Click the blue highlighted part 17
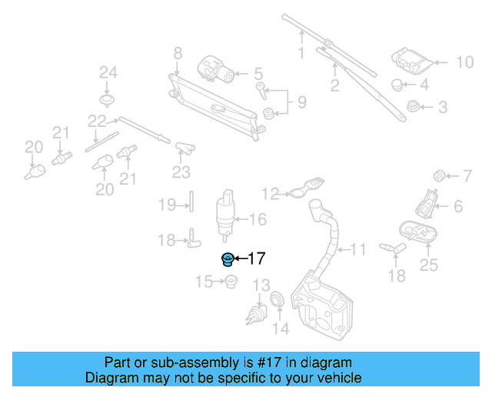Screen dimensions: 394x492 [228, 259]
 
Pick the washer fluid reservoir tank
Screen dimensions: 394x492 [322, 308]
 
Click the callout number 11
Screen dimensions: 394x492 [359, 249]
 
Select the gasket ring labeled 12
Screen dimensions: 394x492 [304, 190]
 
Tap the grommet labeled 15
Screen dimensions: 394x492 [229, 282]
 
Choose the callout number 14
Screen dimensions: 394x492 [282, 329]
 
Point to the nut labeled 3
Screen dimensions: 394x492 [410, 106]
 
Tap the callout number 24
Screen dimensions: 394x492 [108, 73]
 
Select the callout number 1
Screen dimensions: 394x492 [301, 53]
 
